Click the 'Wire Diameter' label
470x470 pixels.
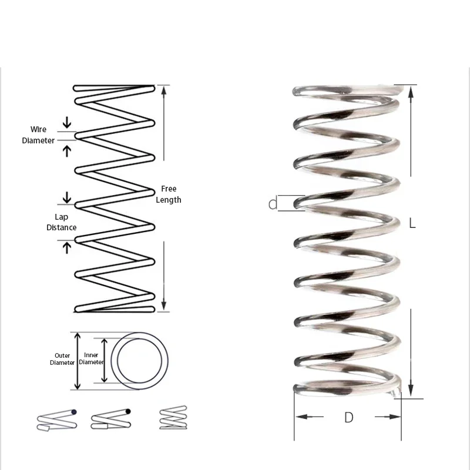click(x=38, y=135)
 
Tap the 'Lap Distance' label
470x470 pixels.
click(x=61, y=222)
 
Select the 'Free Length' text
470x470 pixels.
click(x=168, y=194)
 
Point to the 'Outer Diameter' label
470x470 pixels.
click(x=62, y=359)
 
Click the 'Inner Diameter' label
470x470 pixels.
click(x=90, y=359)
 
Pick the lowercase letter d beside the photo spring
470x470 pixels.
click(x=273, y=204)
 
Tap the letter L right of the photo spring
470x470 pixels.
click(x=412, y=223)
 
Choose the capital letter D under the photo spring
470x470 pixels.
click(x=348, y=418)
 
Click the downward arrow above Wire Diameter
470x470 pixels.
click(x=67, y=122)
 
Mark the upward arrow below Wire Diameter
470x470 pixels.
click(x=67, y=150)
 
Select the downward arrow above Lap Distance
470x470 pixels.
click(x=67, y=196)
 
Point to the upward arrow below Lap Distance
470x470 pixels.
click(x=67, y=247)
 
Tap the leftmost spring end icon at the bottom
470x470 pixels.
click(x=56, y=419)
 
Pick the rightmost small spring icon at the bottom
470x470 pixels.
click(x=174, y=418)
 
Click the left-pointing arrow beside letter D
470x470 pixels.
click(x=308, y=417)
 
